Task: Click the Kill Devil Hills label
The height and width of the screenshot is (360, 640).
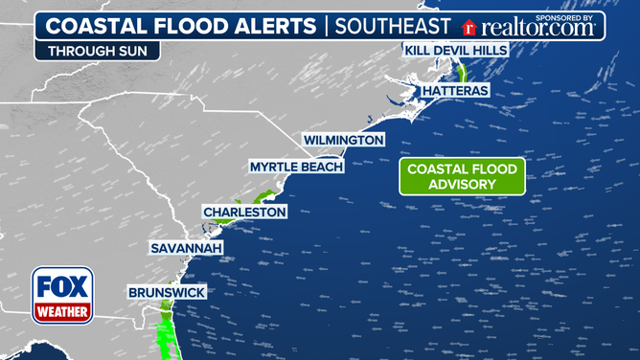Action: point(455,49)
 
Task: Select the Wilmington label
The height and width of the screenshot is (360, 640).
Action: point(344,140)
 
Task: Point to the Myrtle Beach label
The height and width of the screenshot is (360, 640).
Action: point(296,167)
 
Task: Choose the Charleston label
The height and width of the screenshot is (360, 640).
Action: point(244,212)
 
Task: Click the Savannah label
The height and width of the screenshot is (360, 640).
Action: point(187,248)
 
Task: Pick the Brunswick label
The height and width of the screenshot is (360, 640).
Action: point(167,292)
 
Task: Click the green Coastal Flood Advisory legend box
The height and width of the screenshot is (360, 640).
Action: point(462,176)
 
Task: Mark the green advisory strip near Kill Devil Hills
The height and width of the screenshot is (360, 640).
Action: point(460,71)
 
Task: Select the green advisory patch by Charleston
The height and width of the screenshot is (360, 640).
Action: point(222,220)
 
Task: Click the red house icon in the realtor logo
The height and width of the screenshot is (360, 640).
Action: point(469,29)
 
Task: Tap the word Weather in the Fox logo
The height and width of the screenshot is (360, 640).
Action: point(63,312)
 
